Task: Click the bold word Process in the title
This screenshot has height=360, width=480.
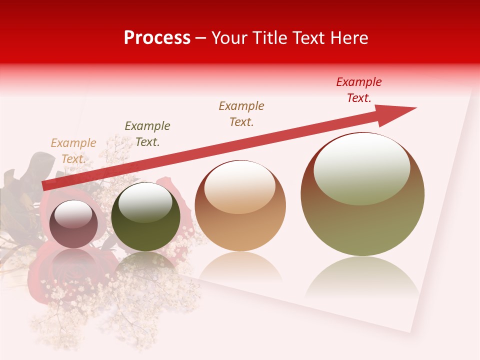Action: [157, 38]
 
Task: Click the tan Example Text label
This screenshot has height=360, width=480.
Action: [73, 150]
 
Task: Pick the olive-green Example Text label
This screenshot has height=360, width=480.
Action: [147, 133]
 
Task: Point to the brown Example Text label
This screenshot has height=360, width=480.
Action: [241, 113]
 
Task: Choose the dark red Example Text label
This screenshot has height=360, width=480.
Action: [359, 89]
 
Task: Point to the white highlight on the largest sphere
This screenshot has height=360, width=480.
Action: [361, 168]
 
